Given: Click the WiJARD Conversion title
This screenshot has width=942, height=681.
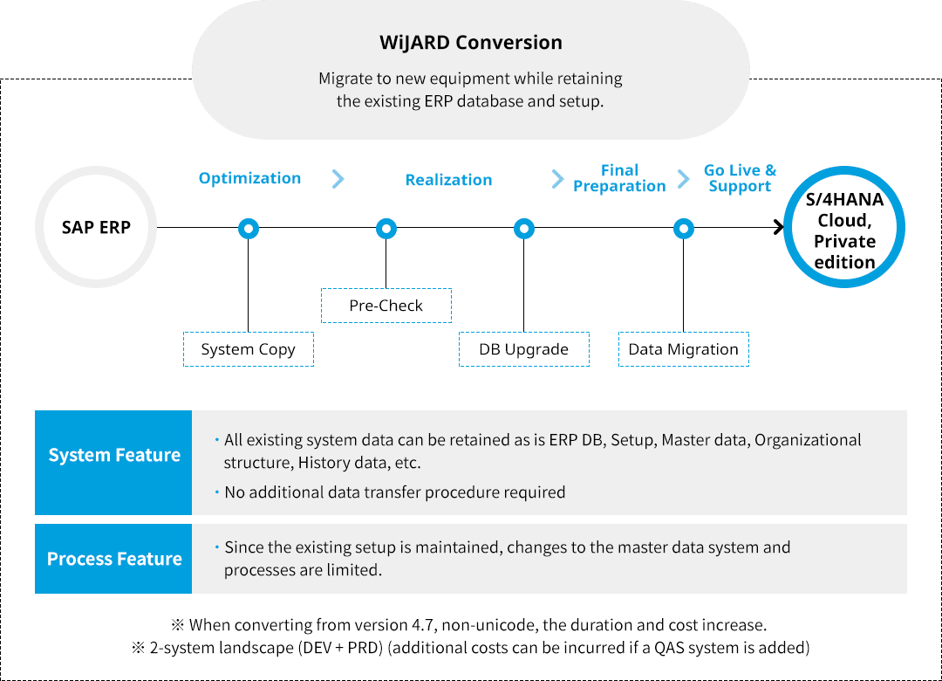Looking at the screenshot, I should pos(471,43).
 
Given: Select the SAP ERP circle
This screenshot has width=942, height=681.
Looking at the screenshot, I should pos(96,228).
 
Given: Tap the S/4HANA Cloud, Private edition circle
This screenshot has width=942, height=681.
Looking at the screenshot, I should pos(844,230).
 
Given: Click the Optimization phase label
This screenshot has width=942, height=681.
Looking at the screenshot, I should pos(249,178).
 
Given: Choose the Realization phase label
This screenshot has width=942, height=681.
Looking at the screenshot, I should pos(448,180).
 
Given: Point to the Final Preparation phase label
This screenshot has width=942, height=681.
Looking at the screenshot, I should pos(619,178).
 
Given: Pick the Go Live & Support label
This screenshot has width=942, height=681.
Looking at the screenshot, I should pos(740,178).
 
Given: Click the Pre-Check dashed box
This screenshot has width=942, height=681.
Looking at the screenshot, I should pos(386,306).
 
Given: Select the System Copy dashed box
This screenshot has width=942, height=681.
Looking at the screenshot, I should pos(248,349).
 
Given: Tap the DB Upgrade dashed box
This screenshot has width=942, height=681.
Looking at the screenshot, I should pos(523,349).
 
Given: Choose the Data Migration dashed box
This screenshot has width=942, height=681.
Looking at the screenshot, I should pos(683,349).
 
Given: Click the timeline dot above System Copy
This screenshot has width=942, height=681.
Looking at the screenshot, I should pos(249,229).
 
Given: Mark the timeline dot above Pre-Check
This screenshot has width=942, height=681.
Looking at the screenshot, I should pos(386,229).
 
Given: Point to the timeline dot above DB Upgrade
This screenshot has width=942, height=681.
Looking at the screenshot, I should pos(523,229).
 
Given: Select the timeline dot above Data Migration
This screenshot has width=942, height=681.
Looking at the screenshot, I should pos(684,229).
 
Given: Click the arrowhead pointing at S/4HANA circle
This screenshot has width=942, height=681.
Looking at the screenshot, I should pos(778,229).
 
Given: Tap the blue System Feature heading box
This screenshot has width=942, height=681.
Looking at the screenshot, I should pos(113,456).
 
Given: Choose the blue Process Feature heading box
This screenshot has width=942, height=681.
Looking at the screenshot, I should pos(113,559).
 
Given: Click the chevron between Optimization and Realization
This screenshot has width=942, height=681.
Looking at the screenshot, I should pos(338,179).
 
